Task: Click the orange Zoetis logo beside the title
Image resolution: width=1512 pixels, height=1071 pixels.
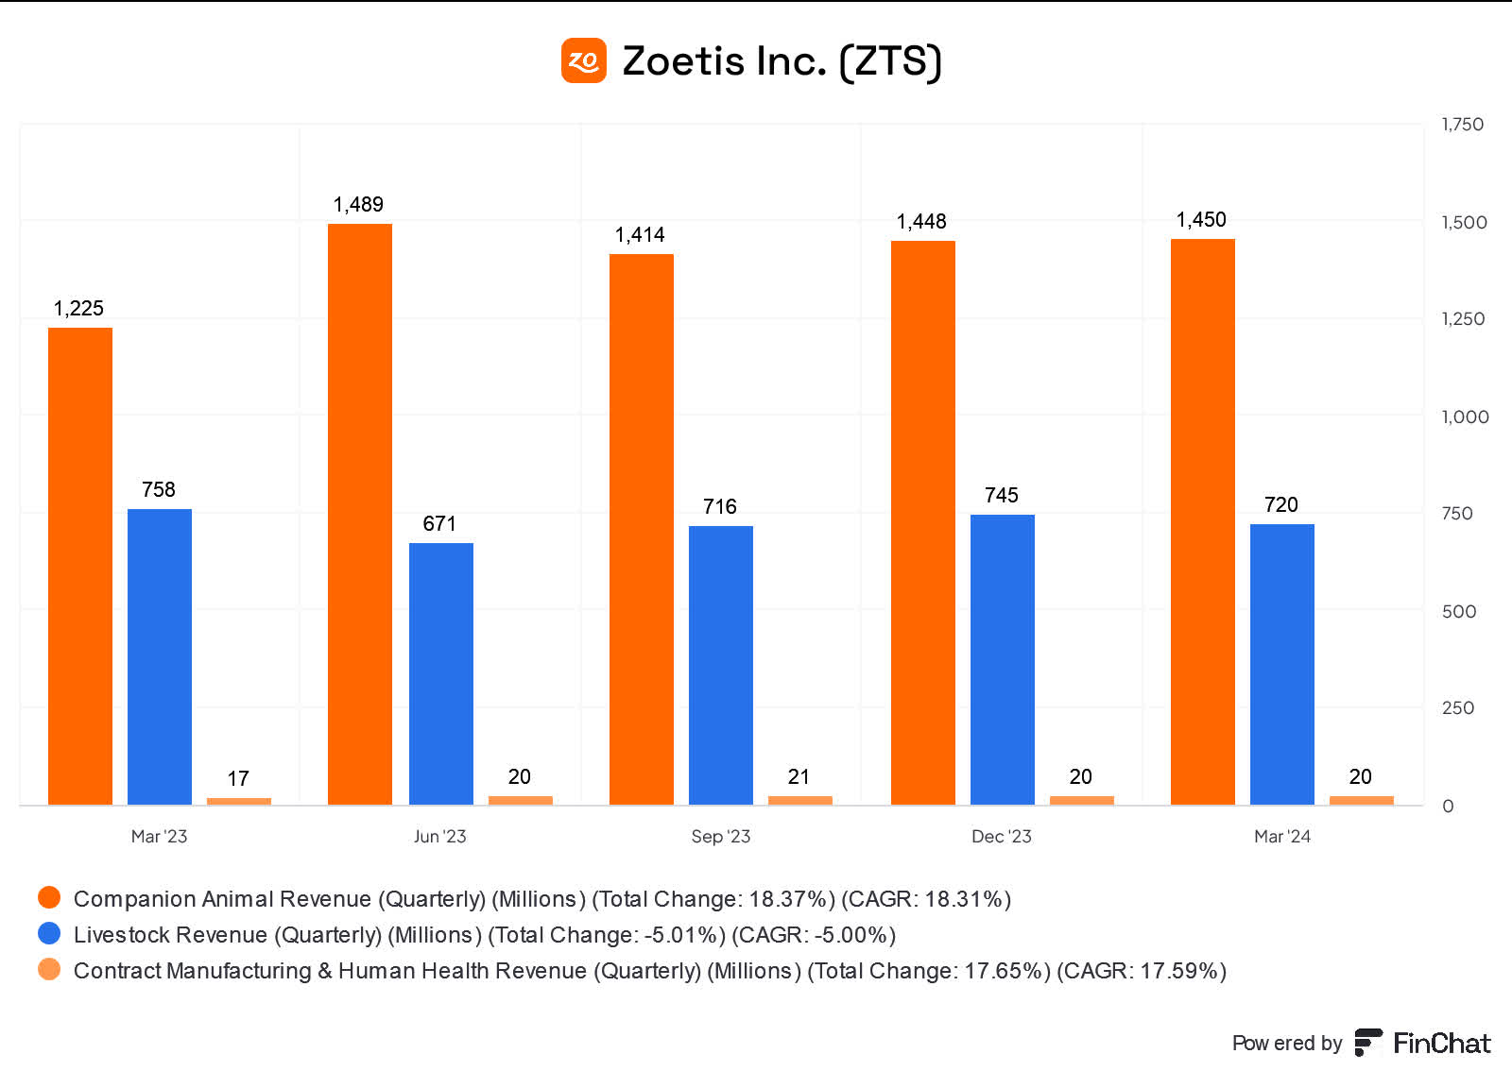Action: point(583,60)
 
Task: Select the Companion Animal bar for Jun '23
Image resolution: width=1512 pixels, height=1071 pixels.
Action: point(360,515)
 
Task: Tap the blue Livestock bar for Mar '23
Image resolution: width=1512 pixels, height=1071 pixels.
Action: point(160,656)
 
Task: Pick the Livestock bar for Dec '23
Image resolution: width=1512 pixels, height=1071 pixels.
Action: point(1003,659)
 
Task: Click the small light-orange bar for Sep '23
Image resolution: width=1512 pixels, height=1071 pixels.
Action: point(799,800)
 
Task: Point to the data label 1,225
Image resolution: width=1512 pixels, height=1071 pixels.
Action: point(78,309)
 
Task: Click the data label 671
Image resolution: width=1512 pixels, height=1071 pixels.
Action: point(439,524)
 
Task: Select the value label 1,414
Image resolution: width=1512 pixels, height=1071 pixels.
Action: point(640,235)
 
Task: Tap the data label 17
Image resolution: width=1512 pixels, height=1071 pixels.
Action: point(238,778)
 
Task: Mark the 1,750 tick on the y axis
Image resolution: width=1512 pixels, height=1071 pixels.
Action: point(1462,125)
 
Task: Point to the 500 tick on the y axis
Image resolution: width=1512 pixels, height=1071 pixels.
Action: point(1458,611)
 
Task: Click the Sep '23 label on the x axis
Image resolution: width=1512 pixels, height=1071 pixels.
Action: point(720,836)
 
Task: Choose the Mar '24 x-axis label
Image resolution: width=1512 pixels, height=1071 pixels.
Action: point(1281,836)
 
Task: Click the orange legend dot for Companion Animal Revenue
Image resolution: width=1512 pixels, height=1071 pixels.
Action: point(49,897)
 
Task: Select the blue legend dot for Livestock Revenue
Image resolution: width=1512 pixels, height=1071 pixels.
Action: point(49,933)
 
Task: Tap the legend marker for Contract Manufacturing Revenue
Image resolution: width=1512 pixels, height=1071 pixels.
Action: point(49,969)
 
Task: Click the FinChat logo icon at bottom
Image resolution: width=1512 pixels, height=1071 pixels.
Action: point(1367,1043)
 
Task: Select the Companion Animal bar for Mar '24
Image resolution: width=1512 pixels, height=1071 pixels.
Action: point(1203,521)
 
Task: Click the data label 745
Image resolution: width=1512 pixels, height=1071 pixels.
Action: point(1002,496)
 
